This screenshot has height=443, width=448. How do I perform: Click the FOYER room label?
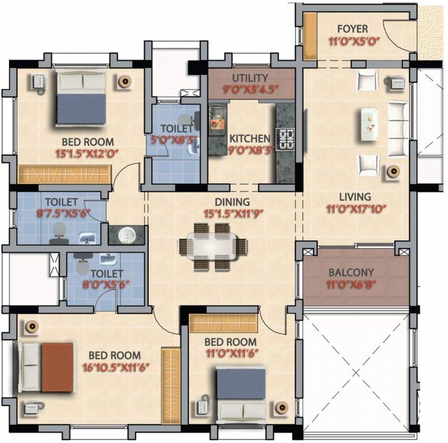click(353, 29)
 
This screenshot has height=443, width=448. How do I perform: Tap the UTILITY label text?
click(250, 78)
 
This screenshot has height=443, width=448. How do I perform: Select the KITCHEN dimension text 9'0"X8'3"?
click(251, 150)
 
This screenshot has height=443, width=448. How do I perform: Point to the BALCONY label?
click(351, 272)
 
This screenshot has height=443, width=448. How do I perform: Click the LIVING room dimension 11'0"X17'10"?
click(356, 209)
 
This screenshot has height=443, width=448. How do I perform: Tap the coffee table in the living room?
click(369, 125)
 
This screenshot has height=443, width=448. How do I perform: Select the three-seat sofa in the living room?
click(397, 129)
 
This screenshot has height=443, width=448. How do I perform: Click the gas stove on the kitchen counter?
click(285, 139)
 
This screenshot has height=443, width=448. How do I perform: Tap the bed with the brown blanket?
click(46, 367)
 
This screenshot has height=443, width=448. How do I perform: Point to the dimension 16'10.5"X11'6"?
click(115, 367)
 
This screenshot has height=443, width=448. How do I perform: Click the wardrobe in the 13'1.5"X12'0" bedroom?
click(65, 174)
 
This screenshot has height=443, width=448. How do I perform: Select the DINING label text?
click(232, 202)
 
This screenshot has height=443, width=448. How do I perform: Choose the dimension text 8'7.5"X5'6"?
click(64, 213)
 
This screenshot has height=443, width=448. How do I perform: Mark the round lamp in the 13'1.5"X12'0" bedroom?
click(125, 82)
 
